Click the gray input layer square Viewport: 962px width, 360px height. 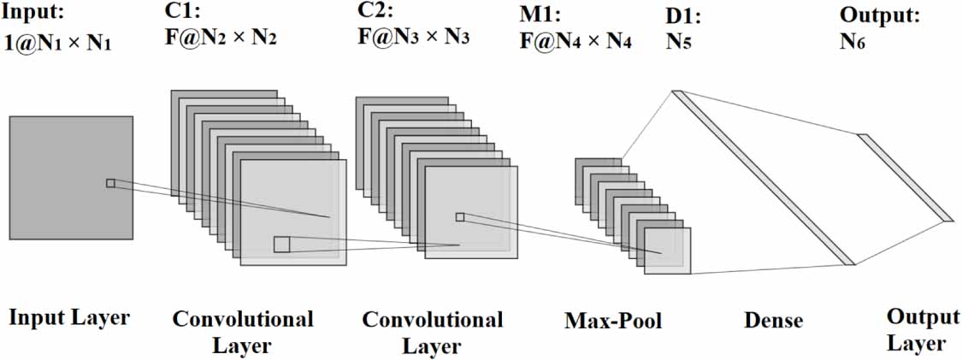point(71,178)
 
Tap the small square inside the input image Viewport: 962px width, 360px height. point(109,183)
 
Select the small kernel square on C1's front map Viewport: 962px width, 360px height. point(281,245)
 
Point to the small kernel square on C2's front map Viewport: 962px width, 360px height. point(460,217)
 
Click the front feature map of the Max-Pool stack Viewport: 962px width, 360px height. point(667,251)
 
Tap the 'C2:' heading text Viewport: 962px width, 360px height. point(375,13)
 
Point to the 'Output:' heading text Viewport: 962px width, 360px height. point(880,15)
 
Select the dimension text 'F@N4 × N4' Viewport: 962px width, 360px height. point(575,41)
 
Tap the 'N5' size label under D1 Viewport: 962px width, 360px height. point(679,42)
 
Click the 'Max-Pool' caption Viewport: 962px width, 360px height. point(613,322)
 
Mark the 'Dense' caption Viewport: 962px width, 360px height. point(773,321)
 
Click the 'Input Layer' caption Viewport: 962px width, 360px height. point(69,318)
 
